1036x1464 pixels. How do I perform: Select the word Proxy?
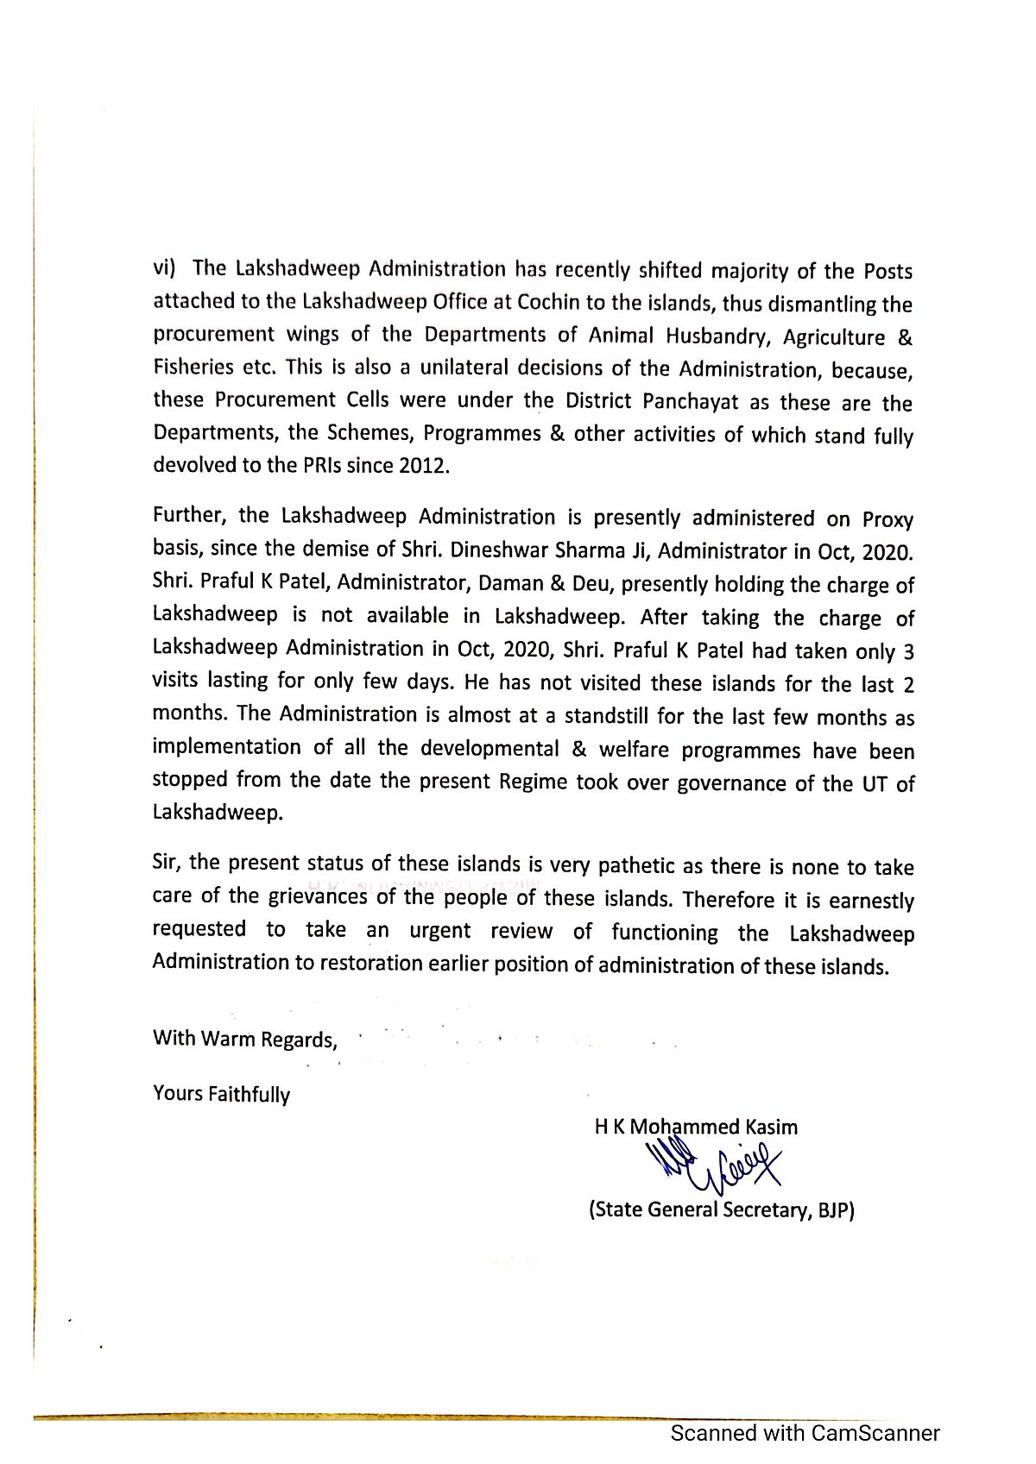pyautogui.click(x=888, y=520)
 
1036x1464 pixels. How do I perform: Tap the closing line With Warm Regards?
pyautogui.click(x=244, y=1040)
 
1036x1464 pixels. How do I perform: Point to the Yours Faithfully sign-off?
pyautogui.click(x=221, y=1095)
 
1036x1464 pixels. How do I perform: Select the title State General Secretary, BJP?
pyautogui.click(x=721, y=1210)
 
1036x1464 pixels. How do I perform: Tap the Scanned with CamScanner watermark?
pyautogui.click(x=805, y=1434)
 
